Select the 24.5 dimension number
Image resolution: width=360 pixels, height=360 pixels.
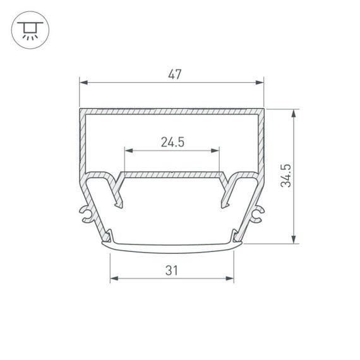(172, 142)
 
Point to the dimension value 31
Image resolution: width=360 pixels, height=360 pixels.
(172, 270)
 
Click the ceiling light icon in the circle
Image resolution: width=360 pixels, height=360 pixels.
(28, 29)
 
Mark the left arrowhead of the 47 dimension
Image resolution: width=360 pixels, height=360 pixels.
(83, 82)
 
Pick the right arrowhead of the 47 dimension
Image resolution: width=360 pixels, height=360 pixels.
(260, 82)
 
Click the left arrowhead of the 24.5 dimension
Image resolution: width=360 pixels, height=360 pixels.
(128, 150)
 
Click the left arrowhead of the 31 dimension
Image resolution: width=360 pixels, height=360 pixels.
(114, 279)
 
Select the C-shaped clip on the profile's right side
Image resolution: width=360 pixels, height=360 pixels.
(257, 214)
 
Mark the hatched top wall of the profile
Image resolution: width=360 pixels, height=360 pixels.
(172, 112)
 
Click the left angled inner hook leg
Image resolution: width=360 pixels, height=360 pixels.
(118, 193)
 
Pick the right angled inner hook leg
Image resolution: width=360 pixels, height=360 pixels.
(225, 193)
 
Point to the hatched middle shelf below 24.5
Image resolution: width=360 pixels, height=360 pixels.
(172, 173)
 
